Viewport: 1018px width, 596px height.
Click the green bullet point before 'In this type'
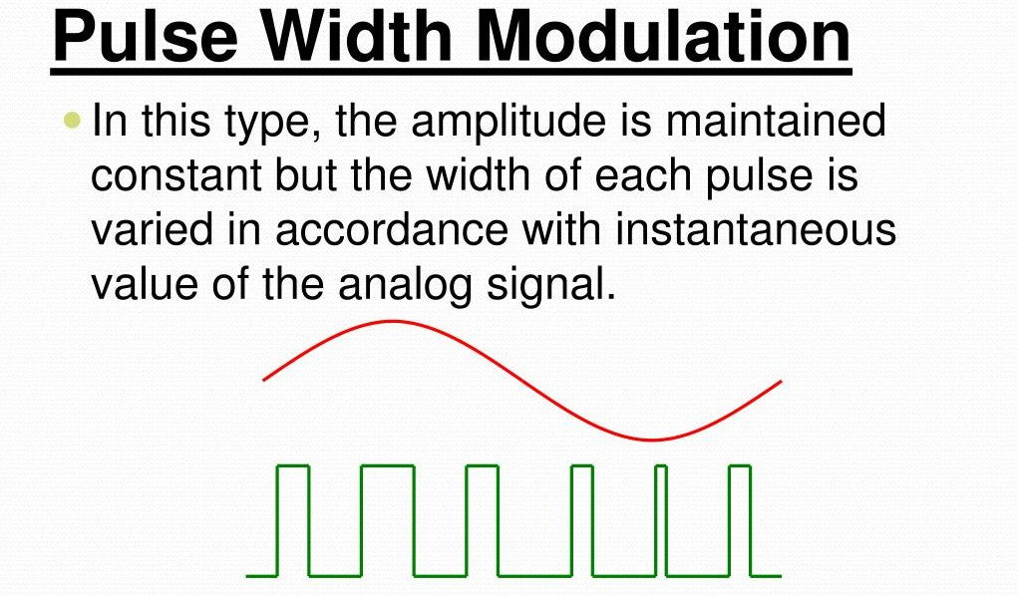pyautogui.click(x=74, y=121)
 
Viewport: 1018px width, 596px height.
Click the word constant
pyautogui.click(x=175, y=175)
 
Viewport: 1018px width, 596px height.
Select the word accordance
pyautogui.click(x=392, y=230)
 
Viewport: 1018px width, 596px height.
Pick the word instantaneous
pyautogui.click(x=756, y=230)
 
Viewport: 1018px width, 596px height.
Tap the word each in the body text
pyautogui.click(x=643, y=175)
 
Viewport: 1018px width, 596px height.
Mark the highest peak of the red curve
pyautogui.click(x=393, y=321)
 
